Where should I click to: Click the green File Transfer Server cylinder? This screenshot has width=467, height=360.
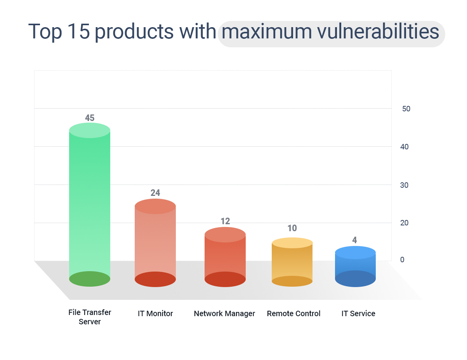[90, 204]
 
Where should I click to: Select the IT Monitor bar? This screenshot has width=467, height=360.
[155, 243]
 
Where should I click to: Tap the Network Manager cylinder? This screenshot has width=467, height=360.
[225, 257]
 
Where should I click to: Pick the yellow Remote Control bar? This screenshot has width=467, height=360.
[292, 262]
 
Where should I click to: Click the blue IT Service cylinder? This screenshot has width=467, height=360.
[355, 267]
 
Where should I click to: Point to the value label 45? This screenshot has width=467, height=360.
[90, 118]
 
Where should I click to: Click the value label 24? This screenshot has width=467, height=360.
[155, 193]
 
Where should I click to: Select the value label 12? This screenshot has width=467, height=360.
[225, 221]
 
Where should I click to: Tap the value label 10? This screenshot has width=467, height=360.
[292, 228]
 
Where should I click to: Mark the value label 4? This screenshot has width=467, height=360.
[354, 240]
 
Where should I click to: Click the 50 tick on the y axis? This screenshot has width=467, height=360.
[406, 109]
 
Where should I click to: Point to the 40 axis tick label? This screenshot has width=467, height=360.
[404, 147]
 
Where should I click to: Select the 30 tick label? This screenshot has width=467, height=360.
[404, 185]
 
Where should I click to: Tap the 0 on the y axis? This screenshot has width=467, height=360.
[402, 260]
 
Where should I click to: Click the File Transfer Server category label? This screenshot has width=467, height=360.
[90, 317]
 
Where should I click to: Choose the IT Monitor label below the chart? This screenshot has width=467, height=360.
[155, 313]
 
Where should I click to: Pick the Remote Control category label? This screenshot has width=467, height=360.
[293, 313]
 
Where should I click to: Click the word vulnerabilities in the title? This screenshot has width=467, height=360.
[378, 31]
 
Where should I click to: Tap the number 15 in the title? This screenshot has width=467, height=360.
[78, 31]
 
